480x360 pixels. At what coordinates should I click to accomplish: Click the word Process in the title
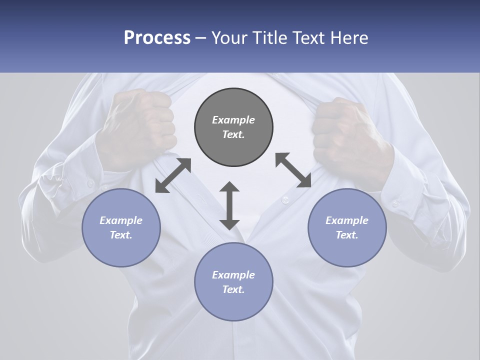[157, 38]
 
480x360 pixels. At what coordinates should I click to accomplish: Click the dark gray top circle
[233, 127]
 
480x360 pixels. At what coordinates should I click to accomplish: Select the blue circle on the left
[121, 228]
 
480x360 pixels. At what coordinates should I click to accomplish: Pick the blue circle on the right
[347, 228]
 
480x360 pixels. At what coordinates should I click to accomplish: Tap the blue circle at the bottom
[233, 282]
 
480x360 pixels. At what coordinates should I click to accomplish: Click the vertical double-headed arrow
[229, 205]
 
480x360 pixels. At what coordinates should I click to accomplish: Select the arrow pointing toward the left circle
[173, 175]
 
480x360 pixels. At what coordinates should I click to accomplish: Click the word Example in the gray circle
[233, 120]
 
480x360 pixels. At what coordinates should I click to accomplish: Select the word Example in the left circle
[121, 220]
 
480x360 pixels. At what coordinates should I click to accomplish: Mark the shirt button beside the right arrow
[285, 200]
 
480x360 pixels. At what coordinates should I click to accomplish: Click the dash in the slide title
[201, 38]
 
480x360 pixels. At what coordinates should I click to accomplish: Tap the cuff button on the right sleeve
[395, 203]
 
